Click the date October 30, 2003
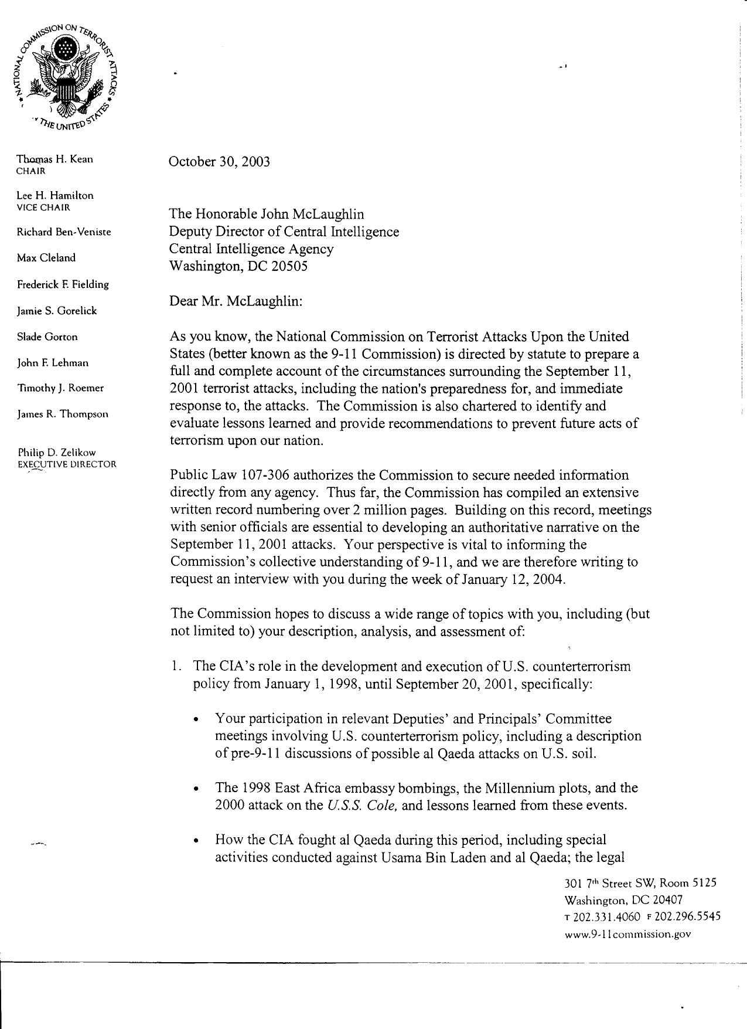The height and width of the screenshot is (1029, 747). click(219, 162)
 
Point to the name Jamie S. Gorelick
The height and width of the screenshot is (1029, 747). click(57, 311)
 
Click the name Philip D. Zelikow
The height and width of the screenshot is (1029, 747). click(57, 453)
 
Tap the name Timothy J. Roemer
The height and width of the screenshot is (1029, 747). click(60, 388)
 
